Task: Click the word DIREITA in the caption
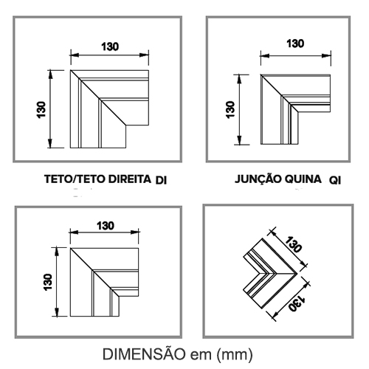point(130,179)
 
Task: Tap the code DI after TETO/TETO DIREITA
point(161,181)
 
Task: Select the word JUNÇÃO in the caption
point(258,179)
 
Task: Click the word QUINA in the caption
point(303,179)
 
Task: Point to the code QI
point(335,181)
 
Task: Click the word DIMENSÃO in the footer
point(144,354)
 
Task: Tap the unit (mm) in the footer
point(235,355)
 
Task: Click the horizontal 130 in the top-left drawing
point(110,46)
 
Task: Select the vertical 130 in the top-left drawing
point(41,110)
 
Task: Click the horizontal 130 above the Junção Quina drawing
point(295,44)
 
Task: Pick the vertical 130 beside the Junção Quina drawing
point(230,110)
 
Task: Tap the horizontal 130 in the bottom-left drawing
point(106,226)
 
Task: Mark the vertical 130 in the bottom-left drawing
point(48,282)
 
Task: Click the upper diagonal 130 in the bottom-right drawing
point(293,244)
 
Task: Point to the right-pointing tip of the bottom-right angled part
point(297,274)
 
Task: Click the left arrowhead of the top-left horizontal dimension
point(75,55)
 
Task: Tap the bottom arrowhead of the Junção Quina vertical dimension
point(239,140)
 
